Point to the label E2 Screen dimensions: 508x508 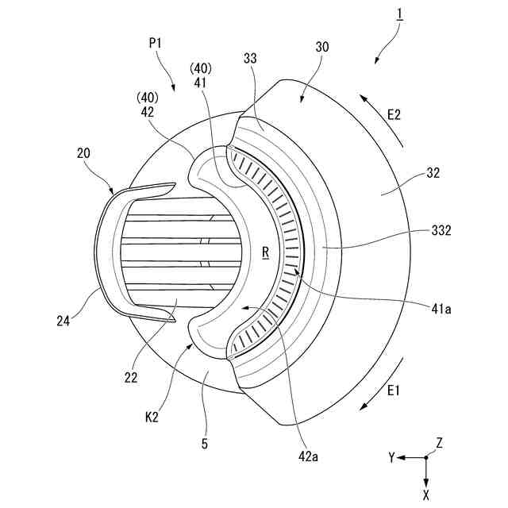pos(394,116)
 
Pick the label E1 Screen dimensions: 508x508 pos(394,390)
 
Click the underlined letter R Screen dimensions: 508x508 pos(265,252)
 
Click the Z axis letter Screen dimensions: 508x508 pos(438,442)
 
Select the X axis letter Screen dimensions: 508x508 pos(427,495)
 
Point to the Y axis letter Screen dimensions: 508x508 pos(391,458)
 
